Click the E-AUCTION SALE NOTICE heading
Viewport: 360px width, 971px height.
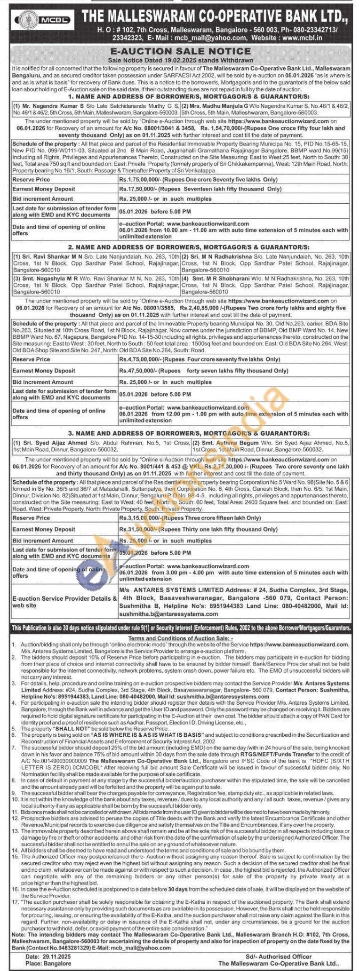tap(180, 51)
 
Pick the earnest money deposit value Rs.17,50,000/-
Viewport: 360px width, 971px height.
tap(138, 189)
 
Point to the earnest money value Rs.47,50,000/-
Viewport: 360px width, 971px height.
tap(138, 371)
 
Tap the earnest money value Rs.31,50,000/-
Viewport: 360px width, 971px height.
tap(138, 529)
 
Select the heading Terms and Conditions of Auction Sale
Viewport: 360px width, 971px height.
tap(180, 637)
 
